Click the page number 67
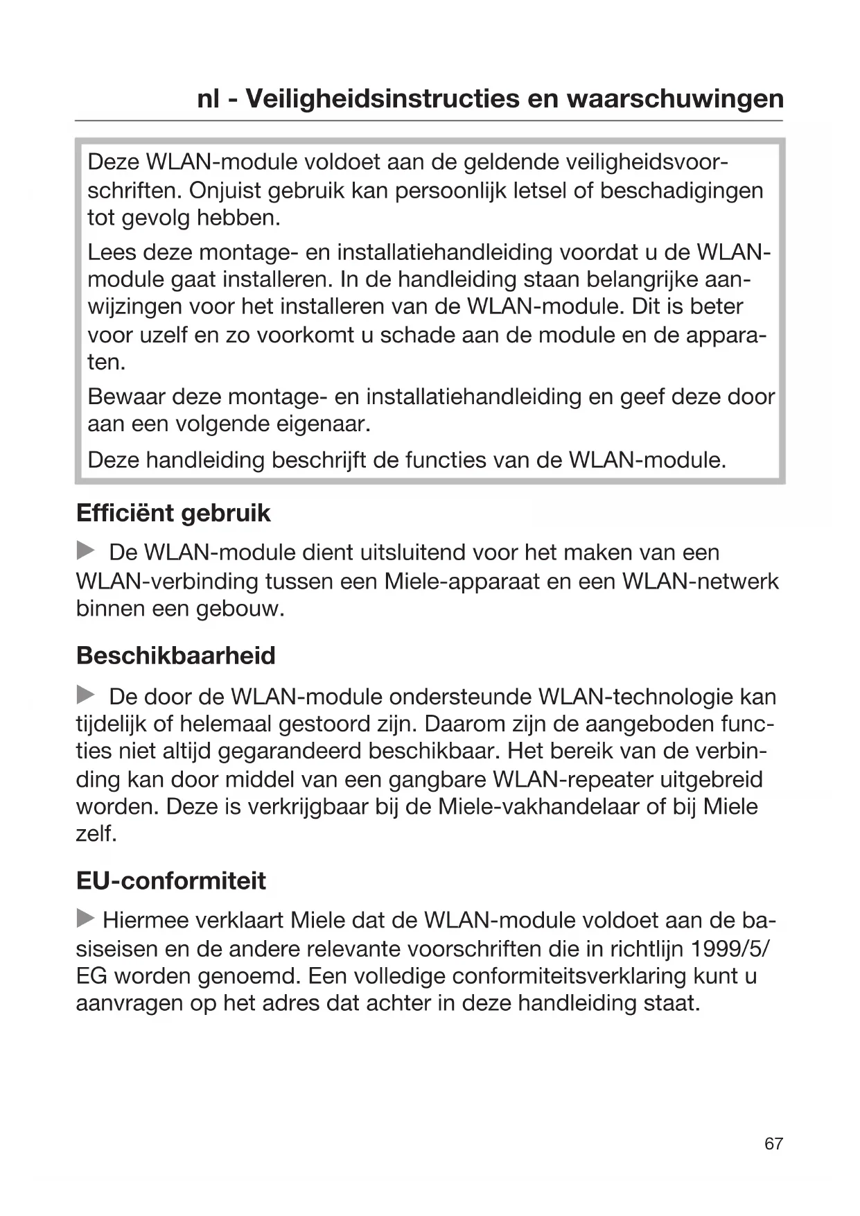[773, 1144]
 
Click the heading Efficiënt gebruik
[173, 514]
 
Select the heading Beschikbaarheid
[176, 656]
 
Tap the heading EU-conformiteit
[171, 881]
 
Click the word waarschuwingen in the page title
[676, 99]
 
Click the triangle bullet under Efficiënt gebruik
[85, 552]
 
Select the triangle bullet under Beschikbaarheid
[85, 695]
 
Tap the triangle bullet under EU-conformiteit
[85, 919]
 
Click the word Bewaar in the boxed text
[126, 397]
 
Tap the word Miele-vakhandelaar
[538, 807]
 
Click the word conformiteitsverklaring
[585, 976]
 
